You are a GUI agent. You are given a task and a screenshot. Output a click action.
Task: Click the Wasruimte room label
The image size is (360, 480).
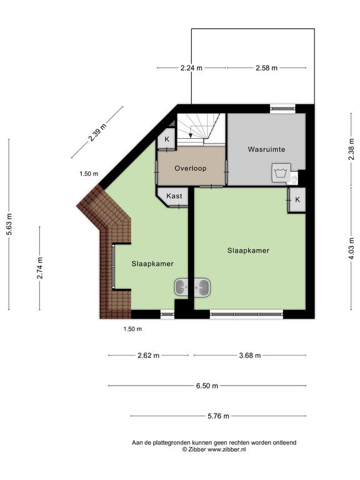pyautogui.click(x=266, y=149)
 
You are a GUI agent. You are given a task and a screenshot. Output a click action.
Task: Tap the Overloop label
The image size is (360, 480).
pyautogui.click(x=191, y=168)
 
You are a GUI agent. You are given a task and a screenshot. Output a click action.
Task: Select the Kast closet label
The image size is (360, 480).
pyautogui.click(x=174, y=196)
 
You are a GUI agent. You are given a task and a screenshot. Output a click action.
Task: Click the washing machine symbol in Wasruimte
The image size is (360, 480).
pyautogui.click(x=280, y=173)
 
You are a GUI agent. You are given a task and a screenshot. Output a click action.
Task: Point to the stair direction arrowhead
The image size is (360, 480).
pyautogui.click(x=191, y=135)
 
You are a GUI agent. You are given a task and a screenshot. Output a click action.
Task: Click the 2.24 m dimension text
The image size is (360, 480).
pyautogui.click(x=191, y=67)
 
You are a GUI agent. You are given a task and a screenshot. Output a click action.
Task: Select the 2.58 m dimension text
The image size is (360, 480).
pyautogui.click(x=267, y=67)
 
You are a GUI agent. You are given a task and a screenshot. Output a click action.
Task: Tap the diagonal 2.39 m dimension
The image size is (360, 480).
pyautogui.click(x=97, y=132)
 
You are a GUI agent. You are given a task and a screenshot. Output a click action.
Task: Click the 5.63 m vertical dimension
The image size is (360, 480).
pyautogui.click(x=9, y=224)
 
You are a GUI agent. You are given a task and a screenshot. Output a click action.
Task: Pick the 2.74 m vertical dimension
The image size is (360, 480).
pyautogui.click(x=40, y=268)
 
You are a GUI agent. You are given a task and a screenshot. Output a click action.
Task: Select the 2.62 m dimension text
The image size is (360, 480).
pyautogui.click(x=148, y=356)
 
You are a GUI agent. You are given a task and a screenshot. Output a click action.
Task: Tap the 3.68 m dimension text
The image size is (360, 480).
pyautogui.click(x=250, y=356)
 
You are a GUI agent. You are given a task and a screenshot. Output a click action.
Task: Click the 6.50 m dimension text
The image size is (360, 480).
pyautogui.click(x=207, y=386)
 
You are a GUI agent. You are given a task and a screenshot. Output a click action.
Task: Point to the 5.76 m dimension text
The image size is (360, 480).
pyautogui.click(x=218, y=416)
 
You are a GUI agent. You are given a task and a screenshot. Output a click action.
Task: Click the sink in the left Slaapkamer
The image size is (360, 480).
pyautogui.click(x=181, y=287)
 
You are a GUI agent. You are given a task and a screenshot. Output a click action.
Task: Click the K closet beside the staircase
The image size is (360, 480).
pyautogui.click(x=167, y=139)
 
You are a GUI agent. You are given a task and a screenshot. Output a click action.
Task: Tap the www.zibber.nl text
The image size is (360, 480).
pyautogui.click(x=226, y=450)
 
